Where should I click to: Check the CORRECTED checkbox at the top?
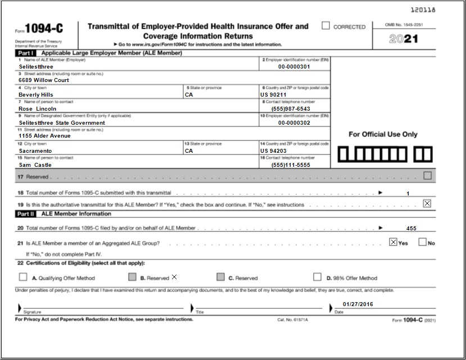(x=325, y=26)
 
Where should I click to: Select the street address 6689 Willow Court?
(x=44, y=80)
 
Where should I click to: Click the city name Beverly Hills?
(x=36, y=95)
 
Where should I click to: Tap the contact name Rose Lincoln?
(x=38, y=109)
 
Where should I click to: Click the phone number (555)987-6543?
(x=290, y=108)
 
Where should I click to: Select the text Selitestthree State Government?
(x=62, y=122)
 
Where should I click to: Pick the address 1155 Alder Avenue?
(x=45, y=136)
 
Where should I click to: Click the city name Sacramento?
(x=35, y=151)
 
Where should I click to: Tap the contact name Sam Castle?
(x=35, y=165)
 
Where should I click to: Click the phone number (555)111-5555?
(x=290, y=165)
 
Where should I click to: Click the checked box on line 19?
(x=427, y=203)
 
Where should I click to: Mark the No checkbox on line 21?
(x=423, y=243)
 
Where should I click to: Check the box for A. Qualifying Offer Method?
(x=23, y=277)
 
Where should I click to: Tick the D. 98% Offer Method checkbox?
(x=318, y=277)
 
